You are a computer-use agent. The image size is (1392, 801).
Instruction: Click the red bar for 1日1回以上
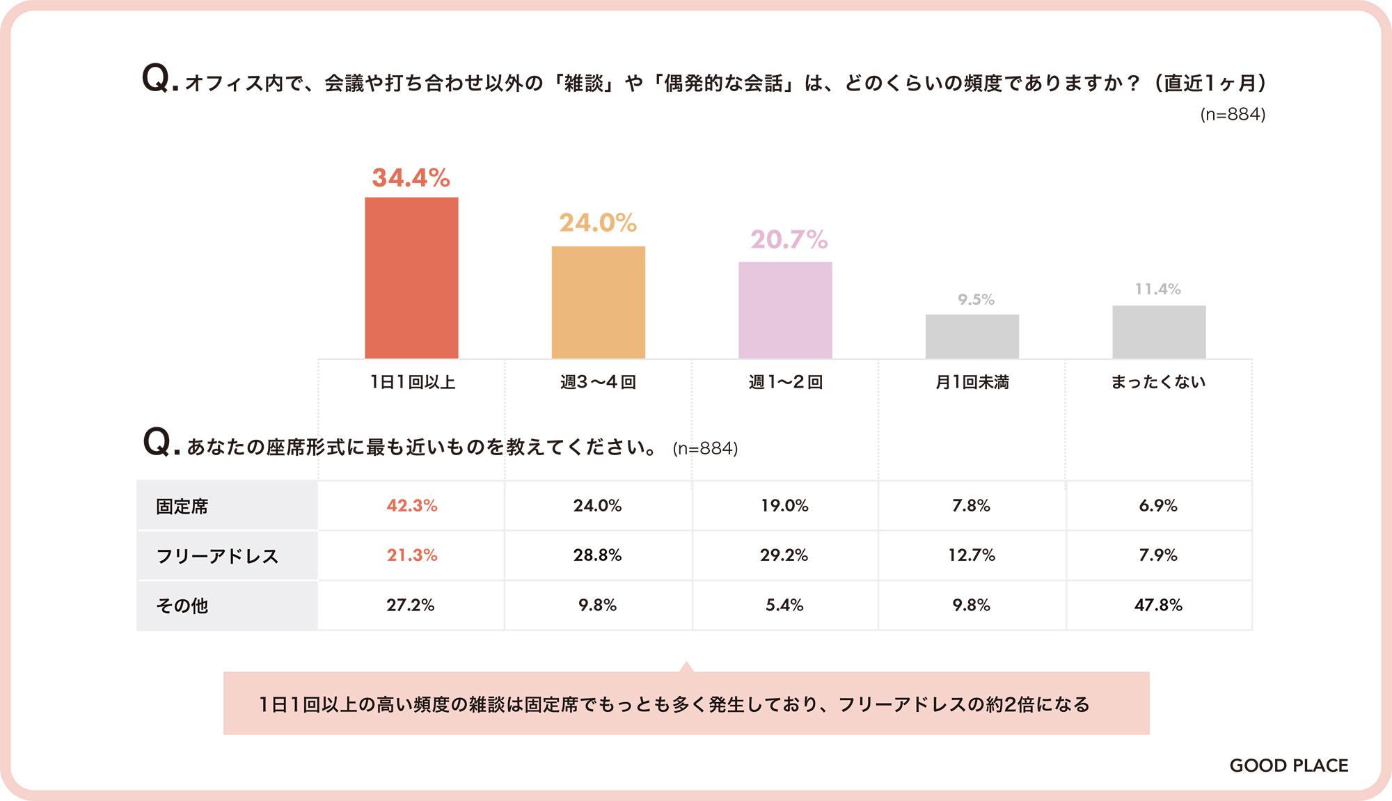[x=411, y=278]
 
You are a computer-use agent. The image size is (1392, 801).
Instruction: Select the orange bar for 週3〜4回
[x=598, y=302]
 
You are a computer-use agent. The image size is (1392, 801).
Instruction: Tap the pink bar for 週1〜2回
[x=785, y=310]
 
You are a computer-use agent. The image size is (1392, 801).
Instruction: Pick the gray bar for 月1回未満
[x=972, y=336]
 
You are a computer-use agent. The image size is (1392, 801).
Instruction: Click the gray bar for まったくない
[x=1159, y=332]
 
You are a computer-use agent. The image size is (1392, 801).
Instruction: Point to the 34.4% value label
[x=411, y=178]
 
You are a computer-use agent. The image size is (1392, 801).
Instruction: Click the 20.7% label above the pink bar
[x=789, y=240]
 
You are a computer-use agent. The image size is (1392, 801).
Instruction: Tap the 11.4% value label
[x=1157, y=289]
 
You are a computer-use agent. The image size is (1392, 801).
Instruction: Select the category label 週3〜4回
[x=598, y=382]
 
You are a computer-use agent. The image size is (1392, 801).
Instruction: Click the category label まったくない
[x=1158, y=382]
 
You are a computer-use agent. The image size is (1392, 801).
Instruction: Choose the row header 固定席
[x=182, y=507]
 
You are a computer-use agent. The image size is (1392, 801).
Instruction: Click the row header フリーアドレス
[x=217, y=556]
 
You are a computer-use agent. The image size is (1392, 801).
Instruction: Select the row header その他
[x=182, y=605]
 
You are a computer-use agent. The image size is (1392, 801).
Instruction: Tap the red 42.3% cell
[x=412, y=506]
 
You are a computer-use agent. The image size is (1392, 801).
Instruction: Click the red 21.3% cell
[x=412, y=555]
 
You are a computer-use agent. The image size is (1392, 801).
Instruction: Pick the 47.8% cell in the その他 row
[x=1158, y=605]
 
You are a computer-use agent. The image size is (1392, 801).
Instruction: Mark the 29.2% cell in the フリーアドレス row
[x=784, y=555]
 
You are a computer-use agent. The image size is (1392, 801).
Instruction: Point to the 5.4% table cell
[x=784, y=605]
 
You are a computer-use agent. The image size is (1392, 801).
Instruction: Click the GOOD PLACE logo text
[x=1289, y=766]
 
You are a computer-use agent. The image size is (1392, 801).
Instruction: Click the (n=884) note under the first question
[x=1233, y=114]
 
